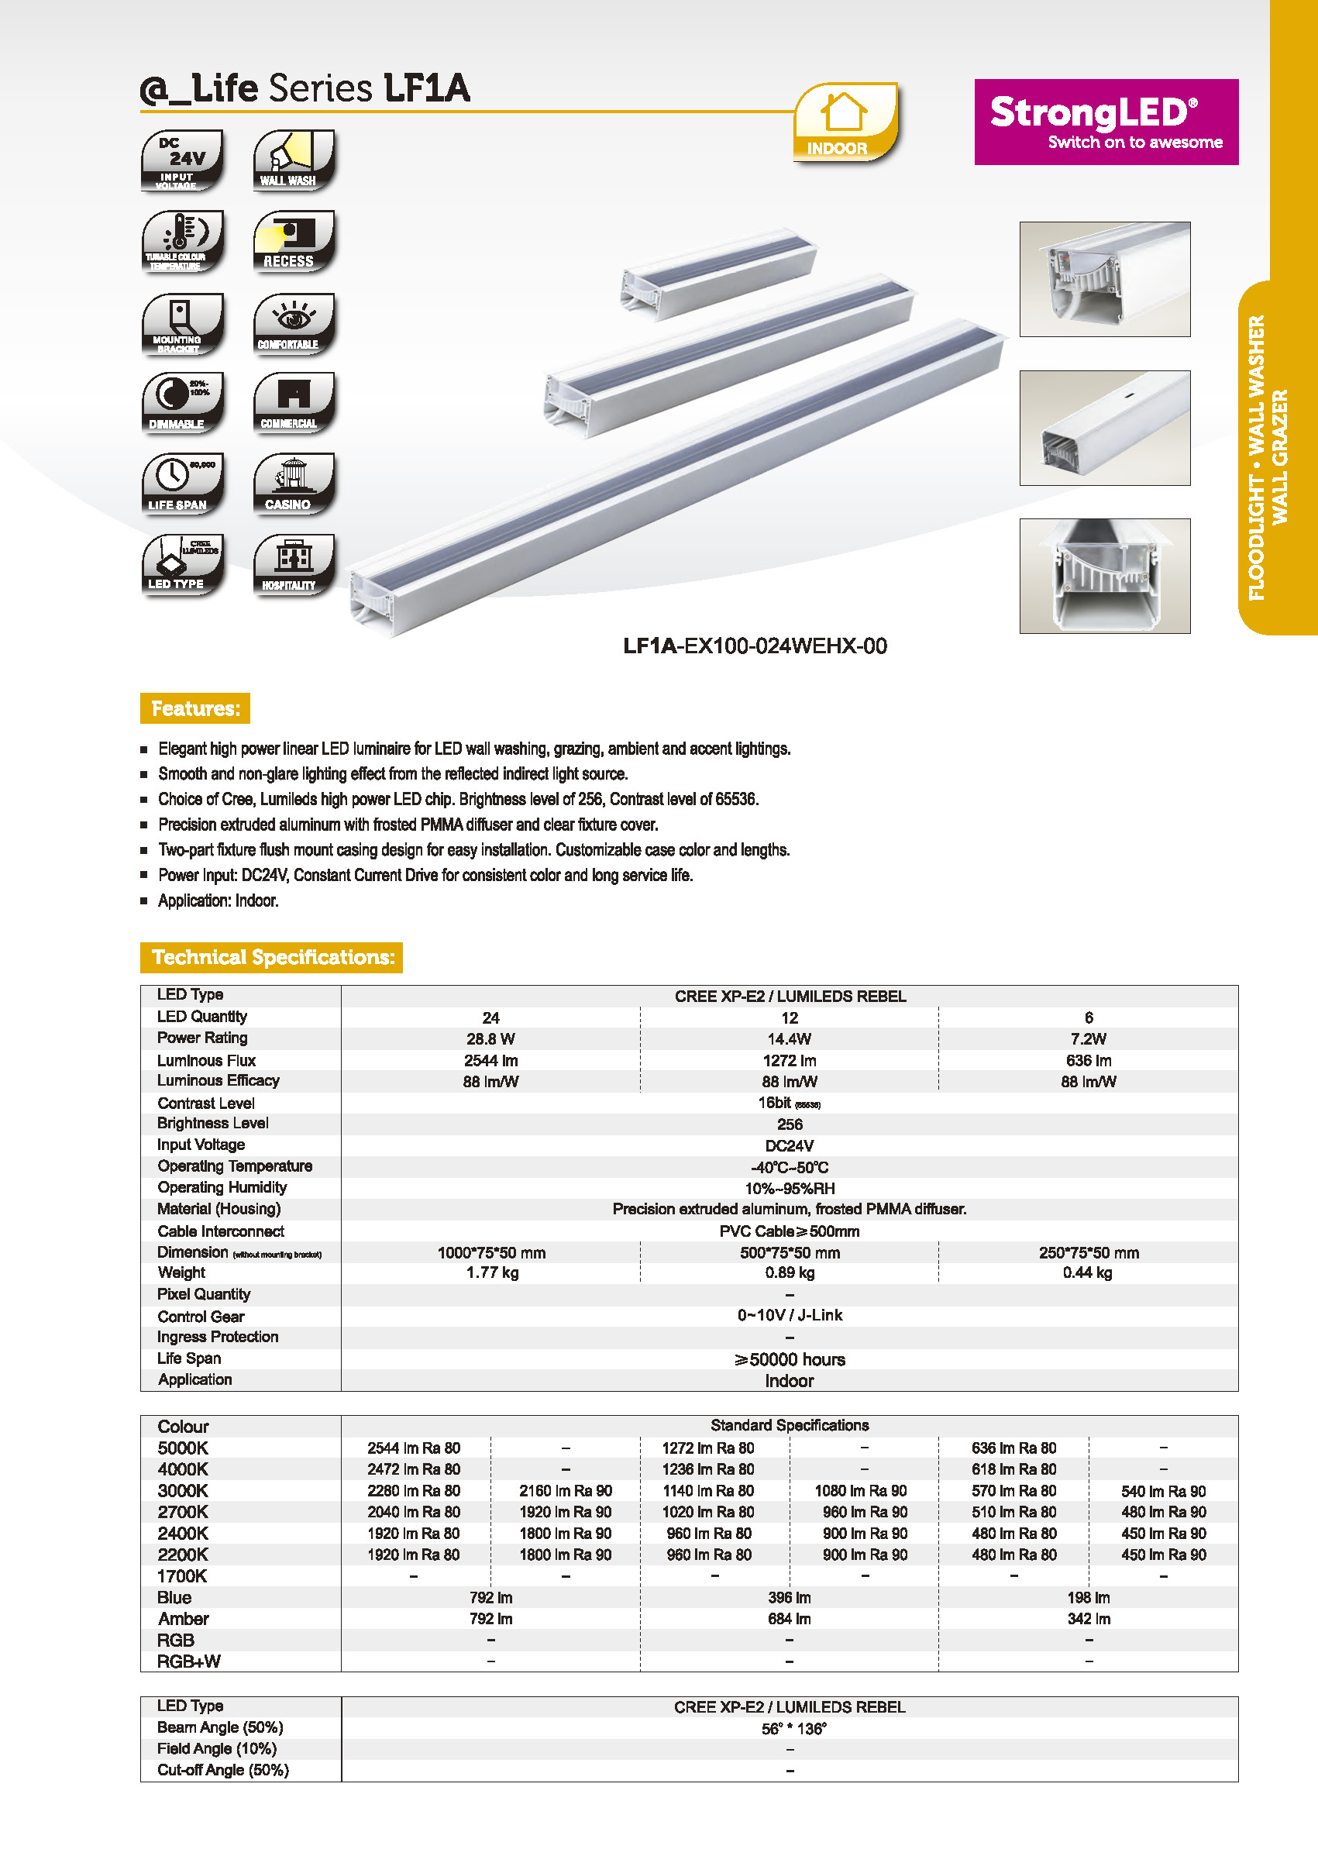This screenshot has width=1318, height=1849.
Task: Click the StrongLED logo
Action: tap(1106, 122)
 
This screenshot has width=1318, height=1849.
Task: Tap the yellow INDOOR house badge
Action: tap(845, 122)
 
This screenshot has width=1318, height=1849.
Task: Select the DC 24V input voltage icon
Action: tap(182, 160)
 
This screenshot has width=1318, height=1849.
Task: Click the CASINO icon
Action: tap(294, 484)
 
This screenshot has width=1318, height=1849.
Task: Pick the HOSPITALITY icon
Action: tap(294, 564)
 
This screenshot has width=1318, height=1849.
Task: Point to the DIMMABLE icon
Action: tap(182, 403)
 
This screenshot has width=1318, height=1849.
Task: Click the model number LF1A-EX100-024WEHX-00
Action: tap(755, 646)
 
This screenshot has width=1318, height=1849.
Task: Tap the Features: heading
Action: tap(194, 708)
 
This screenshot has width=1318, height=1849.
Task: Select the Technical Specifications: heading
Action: tap(272, 957)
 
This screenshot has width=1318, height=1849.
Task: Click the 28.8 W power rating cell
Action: tap(490, 1039)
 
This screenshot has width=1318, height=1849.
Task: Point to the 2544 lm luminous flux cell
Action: tap(490, 1060)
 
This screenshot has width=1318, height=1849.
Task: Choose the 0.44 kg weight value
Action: tap(1088, 1272)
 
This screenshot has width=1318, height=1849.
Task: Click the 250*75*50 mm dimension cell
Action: tap(1089, 1252)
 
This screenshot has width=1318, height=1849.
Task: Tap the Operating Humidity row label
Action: tap(222, 1186)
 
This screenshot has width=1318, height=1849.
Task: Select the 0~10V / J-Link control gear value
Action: tap(790, 1315)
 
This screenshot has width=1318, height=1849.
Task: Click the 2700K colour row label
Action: tap(183, 1511)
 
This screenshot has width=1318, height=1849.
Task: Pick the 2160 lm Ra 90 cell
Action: tap(566, 1490)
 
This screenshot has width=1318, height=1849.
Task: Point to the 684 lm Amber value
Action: tap(790, 1619)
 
